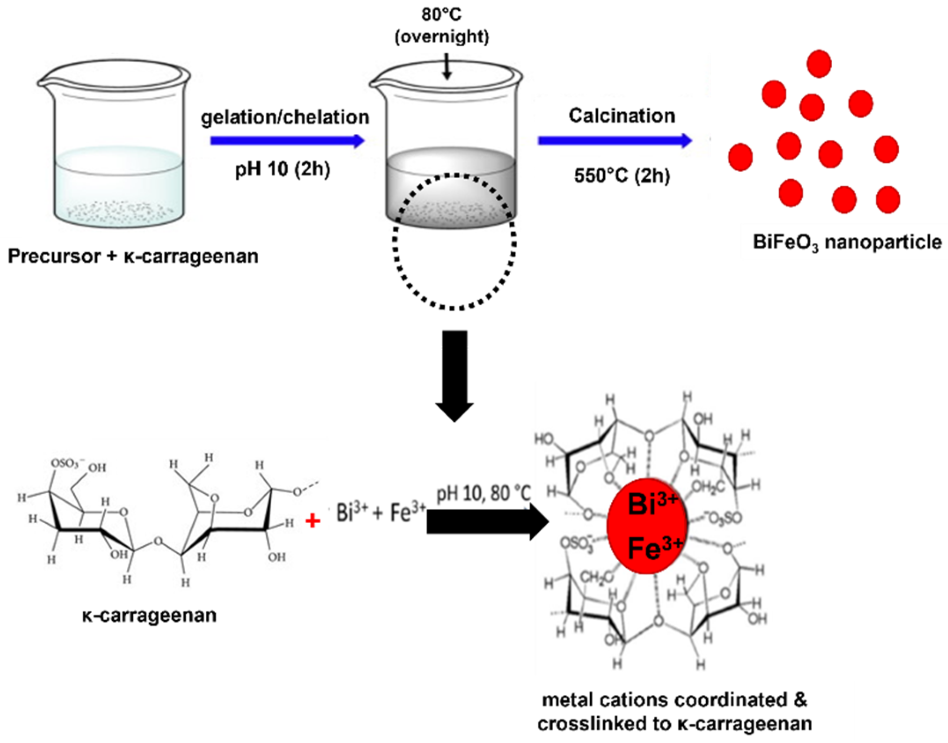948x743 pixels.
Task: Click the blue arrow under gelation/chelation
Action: click(x=287, y=141)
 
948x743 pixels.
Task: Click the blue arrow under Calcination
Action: click(x=614, y=140)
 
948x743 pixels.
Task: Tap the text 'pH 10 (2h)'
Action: click(x=282, y=169)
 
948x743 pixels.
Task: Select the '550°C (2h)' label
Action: click(x=622, y=176)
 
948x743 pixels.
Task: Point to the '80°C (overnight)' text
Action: click(x=441, y=25)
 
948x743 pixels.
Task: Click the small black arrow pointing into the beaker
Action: click(x=447, y=66)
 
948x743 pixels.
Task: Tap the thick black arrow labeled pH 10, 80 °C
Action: click(x=486, y=521)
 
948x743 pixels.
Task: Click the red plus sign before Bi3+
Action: click(x=312, y=520)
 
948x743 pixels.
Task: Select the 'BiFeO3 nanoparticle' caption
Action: click(x=847, y=243)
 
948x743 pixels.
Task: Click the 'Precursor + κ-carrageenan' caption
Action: click(x=133, y=256)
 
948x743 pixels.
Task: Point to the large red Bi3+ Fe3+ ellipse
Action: click(x=647, y=526)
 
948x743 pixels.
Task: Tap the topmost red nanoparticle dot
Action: click(x=819, y=64)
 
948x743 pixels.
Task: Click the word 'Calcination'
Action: click(x=622, y=116)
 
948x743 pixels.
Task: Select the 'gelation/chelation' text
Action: click(x=285, y=117)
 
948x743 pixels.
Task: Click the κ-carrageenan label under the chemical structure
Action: click(x=149, y=615)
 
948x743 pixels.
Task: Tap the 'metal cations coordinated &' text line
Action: click(x=674, y=700)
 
